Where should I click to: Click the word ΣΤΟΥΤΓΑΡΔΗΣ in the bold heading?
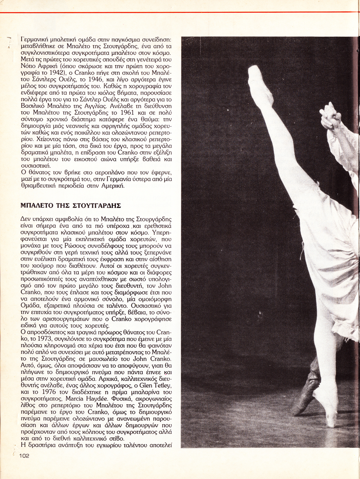(96, 206)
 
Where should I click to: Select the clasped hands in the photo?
(330, 116)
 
